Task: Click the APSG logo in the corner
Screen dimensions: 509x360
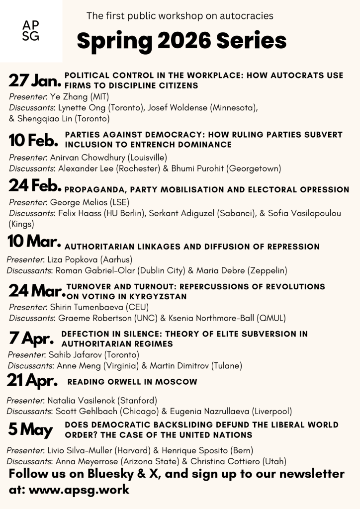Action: pos(31,31)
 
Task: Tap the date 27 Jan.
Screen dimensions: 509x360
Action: pos(35,80)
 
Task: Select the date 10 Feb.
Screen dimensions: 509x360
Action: pos(33,140)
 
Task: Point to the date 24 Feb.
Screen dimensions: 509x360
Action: pos(35,186)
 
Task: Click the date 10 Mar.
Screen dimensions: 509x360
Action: pos(34,242)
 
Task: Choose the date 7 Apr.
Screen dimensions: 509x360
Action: pos(31,339)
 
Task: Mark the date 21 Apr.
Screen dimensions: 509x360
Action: pos(32,381)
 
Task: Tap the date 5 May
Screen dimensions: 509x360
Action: pos(30,429)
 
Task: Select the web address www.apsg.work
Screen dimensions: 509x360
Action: pos(79,489)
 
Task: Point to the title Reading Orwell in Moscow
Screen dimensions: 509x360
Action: pos(132,382)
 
